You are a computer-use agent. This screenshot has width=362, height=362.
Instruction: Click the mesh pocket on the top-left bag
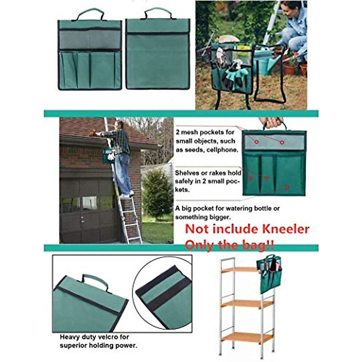(x=90, y=40)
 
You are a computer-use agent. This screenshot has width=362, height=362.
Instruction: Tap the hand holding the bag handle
(x=271, y=122)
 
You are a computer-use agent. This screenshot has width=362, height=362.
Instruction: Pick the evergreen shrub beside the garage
(x=157, y=193)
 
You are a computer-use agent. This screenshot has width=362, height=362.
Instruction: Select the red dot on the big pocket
(x=287, y=187)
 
